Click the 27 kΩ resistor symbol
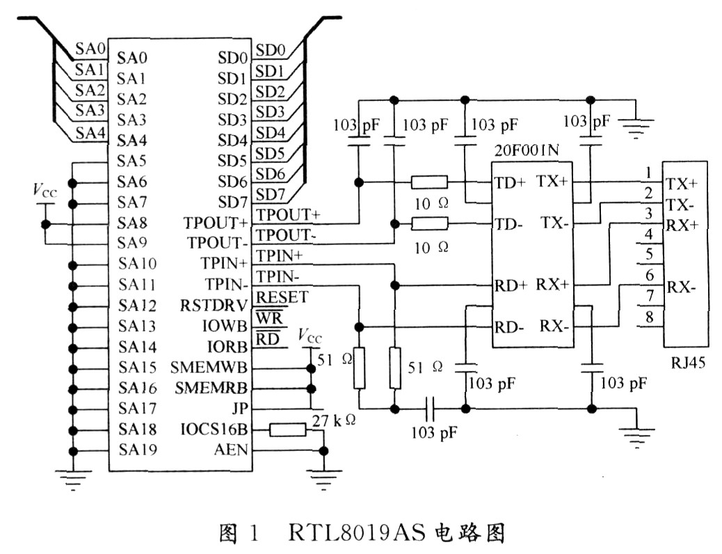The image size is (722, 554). (287, 429)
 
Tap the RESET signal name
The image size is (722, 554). (282, 297)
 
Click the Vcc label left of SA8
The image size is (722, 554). (42, 191)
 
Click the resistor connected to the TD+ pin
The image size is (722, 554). (429, 183)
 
